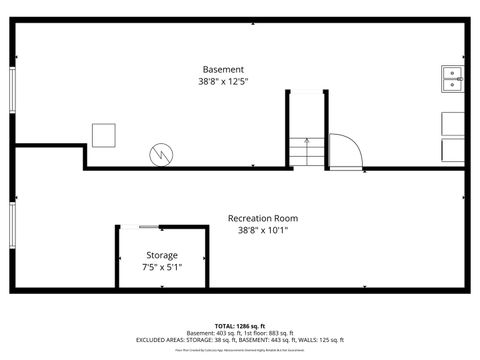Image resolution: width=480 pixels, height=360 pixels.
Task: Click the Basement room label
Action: click(222, 69)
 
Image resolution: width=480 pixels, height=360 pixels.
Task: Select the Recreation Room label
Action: click(263, 218)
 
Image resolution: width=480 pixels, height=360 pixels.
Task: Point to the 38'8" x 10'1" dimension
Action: click(263, 230)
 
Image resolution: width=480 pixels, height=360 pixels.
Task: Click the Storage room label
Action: click(162, 256)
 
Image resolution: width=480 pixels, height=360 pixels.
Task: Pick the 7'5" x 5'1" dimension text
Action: click(162, 267)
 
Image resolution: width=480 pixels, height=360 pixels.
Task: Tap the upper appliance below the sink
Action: click(453, 123)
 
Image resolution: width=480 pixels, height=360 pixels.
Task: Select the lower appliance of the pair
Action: click(453, 149)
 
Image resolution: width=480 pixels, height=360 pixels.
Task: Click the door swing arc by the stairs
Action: click(346, 149)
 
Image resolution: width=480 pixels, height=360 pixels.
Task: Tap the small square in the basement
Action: click(103, 134)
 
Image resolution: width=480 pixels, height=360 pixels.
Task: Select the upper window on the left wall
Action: click(13, 91)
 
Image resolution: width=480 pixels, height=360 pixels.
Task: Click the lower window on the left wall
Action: click(13, 231)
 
